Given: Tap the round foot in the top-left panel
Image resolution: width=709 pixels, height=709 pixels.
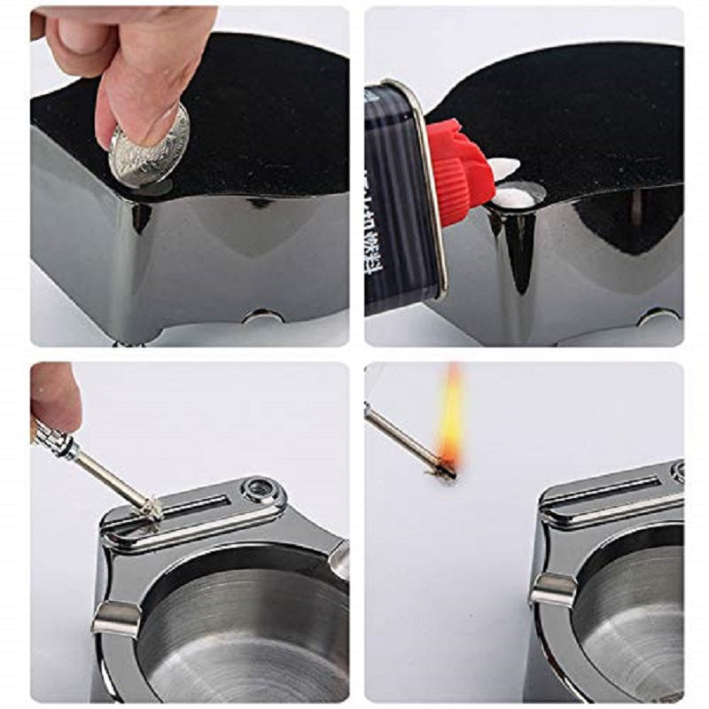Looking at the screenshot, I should pyautogui.click(x=263, y=316).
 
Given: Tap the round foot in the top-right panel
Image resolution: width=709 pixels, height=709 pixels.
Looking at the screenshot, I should pyautogui.click(x=659, y=316).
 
